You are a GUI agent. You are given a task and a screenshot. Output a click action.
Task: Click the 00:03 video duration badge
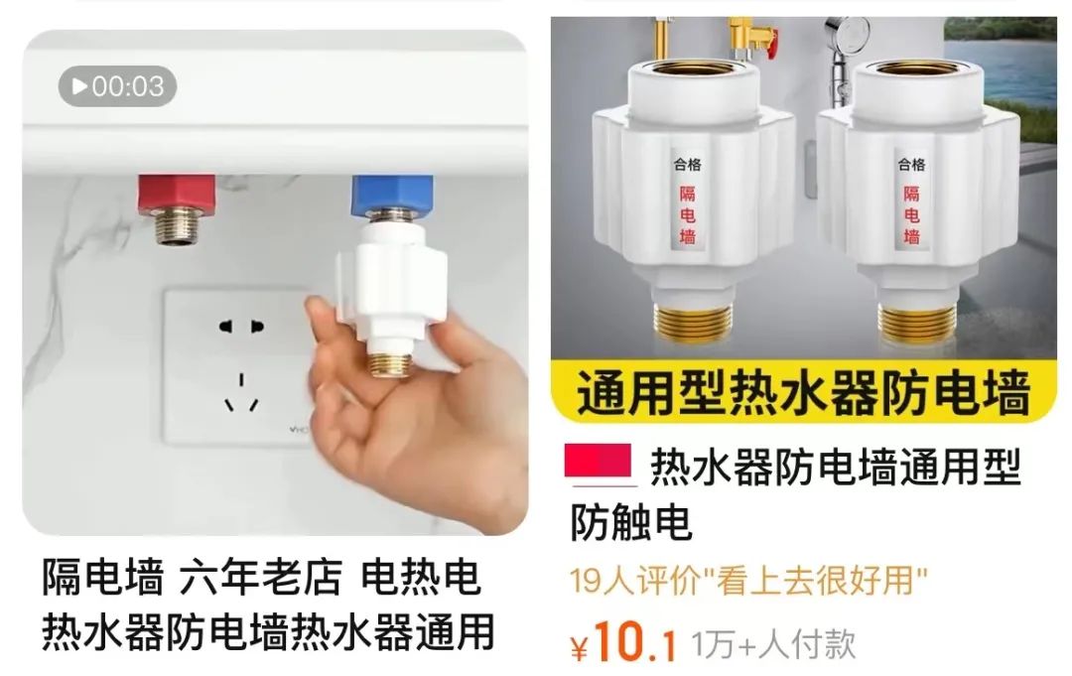(117, 86)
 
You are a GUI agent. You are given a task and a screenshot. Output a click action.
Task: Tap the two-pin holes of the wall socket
(241, 326)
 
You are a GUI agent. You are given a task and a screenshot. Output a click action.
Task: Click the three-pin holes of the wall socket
(241, 389)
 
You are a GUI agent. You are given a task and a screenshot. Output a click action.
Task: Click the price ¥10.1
(624, 645)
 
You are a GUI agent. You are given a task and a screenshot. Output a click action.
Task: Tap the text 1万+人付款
(773, 644)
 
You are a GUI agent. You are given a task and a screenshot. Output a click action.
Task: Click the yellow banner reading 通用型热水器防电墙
(804, 393)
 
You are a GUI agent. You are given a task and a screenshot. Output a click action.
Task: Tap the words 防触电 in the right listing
(630, 523)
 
